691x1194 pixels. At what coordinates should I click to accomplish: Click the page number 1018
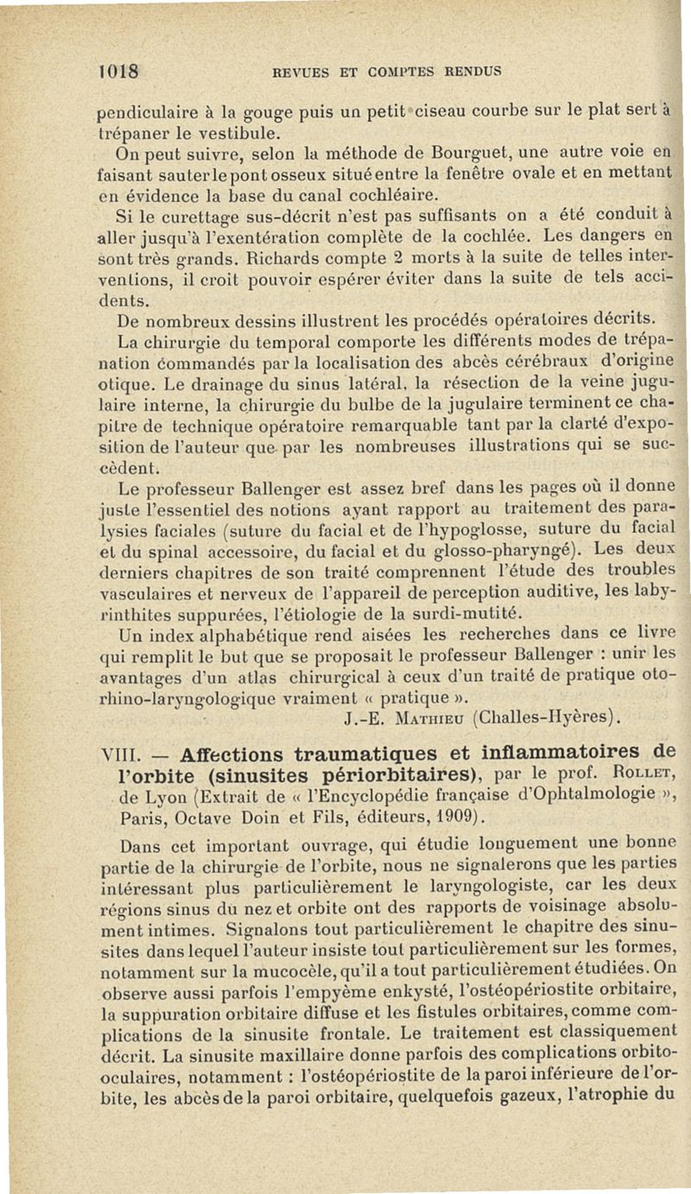coord(121,68)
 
